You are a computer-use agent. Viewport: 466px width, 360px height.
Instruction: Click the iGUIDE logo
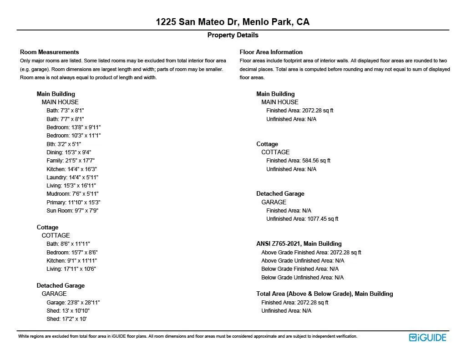pos(427,337)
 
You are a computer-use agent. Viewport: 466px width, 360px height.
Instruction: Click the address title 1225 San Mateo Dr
pos(233,22)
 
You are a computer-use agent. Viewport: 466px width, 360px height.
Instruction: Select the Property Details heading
pos(233,35)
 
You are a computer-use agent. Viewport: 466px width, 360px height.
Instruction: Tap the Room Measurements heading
pos(50,52)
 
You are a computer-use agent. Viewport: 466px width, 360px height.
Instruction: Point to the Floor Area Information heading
pos(271,52)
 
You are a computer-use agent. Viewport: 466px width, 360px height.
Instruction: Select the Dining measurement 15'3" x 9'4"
pos(69,152)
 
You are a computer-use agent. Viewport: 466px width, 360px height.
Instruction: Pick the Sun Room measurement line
pos(72,211)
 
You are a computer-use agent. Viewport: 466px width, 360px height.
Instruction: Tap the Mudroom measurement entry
pos(72,194)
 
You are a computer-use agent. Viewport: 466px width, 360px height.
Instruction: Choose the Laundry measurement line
pos(72,177)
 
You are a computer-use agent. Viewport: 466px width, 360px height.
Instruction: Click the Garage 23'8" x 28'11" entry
pos(73,303)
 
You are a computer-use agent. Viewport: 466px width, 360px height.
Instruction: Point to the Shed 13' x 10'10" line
pos(68,311)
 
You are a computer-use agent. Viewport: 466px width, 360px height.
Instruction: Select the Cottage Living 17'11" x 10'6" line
pos(71,269)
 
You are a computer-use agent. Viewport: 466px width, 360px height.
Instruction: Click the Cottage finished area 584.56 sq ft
pos(299,161)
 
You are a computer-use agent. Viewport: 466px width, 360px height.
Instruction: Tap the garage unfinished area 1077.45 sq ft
pos(302,219)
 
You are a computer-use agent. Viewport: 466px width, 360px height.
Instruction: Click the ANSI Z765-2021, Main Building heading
pos(299,244)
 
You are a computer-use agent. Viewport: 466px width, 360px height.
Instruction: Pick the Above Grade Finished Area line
pos(311,253)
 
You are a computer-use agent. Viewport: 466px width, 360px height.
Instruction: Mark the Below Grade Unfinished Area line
pos(303,278)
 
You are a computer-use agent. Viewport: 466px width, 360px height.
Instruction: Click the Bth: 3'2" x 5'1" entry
pos(64,144)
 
